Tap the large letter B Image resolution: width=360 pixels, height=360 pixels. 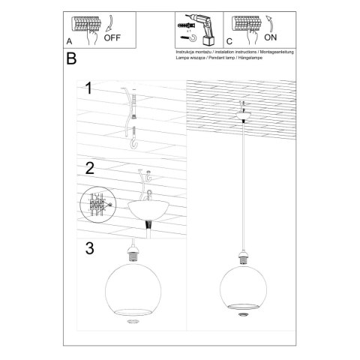[x=71, y=58]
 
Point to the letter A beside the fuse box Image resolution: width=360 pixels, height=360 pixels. [x=69, y=41]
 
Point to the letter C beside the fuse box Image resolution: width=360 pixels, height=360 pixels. [x=229, y=41]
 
